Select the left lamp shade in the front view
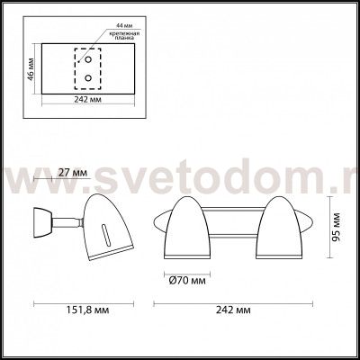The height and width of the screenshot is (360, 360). tap(193, 220)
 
